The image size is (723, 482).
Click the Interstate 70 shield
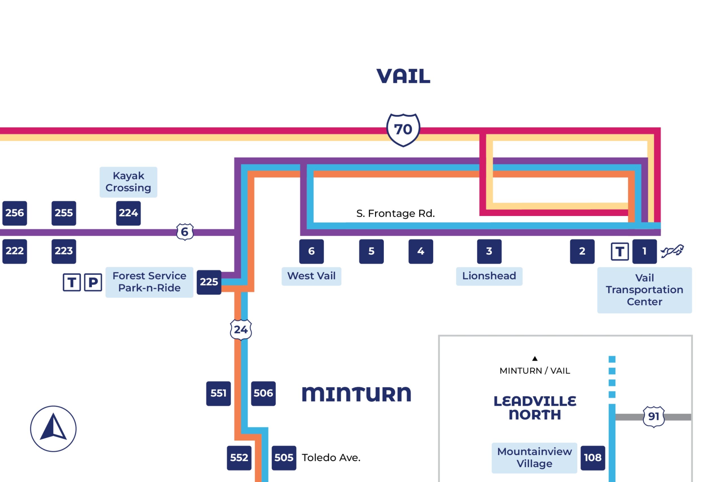point(403,130)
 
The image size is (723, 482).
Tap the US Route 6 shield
point(185,232)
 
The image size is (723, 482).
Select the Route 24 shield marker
point(241,330)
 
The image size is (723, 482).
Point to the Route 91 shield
point(653,416)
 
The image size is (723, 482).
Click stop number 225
point(209,282)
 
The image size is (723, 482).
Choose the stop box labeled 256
point(14,213)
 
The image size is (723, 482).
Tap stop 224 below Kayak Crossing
point(128,213)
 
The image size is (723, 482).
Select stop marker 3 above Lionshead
point(489,251)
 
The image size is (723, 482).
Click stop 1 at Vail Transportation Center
point(644,251)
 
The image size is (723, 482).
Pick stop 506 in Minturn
point(263,393)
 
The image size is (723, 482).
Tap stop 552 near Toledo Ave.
point(239,458)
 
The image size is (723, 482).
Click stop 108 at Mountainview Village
point(593,458)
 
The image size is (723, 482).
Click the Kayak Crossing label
point(128,182)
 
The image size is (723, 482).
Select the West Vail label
point(311,276)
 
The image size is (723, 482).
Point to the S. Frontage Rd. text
point(395,213)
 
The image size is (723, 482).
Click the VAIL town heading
point(403,76)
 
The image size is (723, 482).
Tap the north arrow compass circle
point(53,429)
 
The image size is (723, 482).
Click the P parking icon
point(93,282)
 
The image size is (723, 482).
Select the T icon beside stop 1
point(620,251)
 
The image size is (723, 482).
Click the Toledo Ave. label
point(331,458)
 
